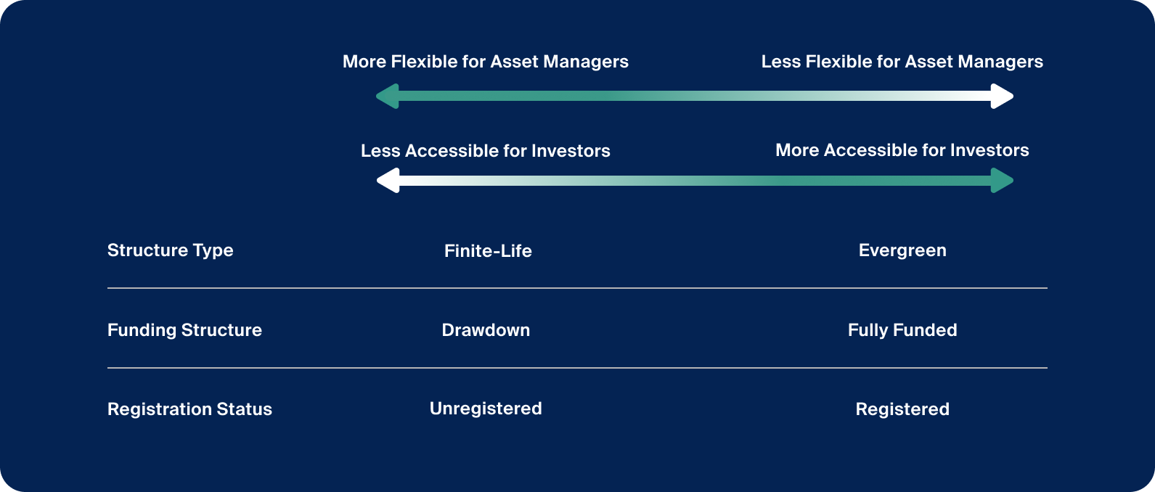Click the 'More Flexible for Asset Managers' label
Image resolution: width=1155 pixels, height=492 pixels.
(x=485, y=62)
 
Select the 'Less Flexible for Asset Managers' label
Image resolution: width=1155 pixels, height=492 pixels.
(x=902, y=62)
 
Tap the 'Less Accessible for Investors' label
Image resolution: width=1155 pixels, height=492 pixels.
(x=485, y=151)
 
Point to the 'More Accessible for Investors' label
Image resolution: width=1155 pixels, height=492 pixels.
(x=902, y=150)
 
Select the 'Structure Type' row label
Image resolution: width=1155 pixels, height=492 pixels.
(x=170, y=250)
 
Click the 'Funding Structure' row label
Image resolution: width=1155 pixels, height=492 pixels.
(x=184, y=330)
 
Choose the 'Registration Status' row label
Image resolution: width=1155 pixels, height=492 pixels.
(x=189, y=409)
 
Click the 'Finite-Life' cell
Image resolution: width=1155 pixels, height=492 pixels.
(x=488, y=251)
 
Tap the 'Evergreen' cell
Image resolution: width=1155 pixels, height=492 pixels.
(x=902, y=250)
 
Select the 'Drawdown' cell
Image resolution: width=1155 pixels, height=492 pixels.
(x=486, y=330)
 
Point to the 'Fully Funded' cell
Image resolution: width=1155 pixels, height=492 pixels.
(x=902, y=330)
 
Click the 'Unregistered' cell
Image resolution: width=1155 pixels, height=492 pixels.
(x=486, y=409)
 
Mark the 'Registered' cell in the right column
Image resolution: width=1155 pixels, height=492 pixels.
(x=902, y=409)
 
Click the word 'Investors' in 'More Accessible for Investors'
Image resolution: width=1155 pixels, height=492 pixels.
(x=989, y=150)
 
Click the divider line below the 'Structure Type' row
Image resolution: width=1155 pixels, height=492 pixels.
(x=577, y=288)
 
